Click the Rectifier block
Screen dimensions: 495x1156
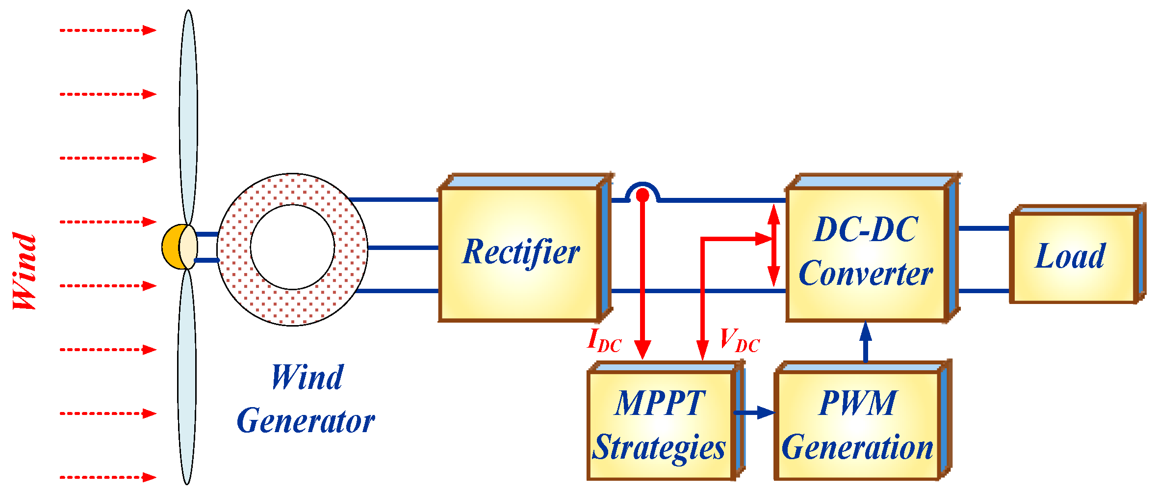(520, 253)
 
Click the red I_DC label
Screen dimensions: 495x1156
(604, 340)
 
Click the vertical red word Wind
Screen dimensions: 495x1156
(25, 271)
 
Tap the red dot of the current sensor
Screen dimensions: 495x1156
(642, 195)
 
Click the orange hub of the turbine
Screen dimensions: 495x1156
(172, 247)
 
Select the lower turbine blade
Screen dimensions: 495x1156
(187, 378)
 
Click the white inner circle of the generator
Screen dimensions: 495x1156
(292, 247)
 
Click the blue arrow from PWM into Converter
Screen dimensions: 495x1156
(866, 341)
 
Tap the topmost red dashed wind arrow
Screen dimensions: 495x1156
(108, 30)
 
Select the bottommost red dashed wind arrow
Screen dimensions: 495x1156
(108, 477)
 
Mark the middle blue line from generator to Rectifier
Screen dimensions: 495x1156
(402, 247)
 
